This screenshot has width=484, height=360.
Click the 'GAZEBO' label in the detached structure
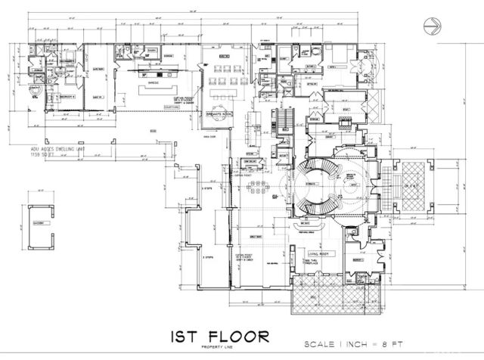tap(37, 224)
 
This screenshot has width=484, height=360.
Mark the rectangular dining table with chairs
tap(259, 185)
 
